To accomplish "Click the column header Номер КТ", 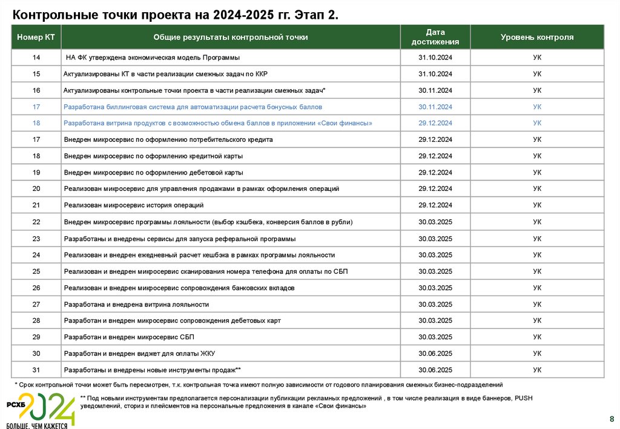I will coord(36,37).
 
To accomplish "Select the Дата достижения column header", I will coord(435,37).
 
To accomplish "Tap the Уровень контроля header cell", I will coord(536,37).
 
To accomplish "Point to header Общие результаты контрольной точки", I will coord(230,37).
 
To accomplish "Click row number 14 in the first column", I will coord(36,58).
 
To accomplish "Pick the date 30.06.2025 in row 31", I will coord(435,370).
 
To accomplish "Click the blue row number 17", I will coord(36,107).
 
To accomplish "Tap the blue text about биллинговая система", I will coord(193,107).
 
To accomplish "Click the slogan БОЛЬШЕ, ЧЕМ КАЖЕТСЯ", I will coord(37,425).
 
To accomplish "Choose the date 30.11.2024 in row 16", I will coord(435,90).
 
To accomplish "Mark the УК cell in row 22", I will coord(536,222).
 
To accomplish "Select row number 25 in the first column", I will coord(36,271).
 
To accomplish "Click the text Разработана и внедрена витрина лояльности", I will coord(136,304).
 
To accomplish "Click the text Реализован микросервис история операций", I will coord(133,205).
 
